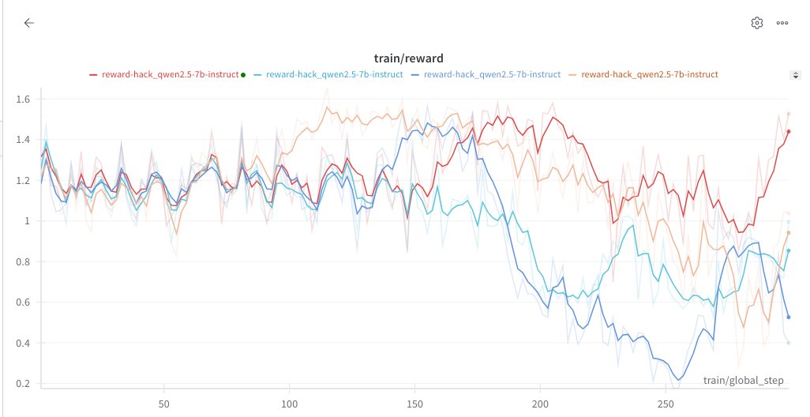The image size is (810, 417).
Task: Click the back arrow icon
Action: (x=28, y=23)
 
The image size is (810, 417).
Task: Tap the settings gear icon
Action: (x=756, y=23)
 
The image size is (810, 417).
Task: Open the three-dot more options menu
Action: (x=782, y=23)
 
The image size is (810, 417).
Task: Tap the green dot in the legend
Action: (x=243, y=75)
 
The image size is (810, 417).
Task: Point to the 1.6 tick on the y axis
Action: (x=24, y=100)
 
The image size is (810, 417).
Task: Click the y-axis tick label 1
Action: (x=28, y=221)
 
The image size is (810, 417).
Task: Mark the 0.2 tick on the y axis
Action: (x=24, y=384)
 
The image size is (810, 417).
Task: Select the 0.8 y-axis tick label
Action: (x=24, y=262)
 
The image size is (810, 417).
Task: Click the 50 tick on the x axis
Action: (x=163, y=400)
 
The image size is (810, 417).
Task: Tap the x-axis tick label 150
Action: (x=414, y=400)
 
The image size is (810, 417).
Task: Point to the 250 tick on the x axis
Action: (x=666, y=400)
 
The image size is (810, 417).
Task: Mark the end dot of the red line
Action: (x=788, y=132)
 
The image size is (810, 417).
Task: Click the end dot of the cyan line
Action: (x=788, y=250)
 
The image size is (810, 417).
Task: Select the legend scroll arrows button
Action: (x=795, y=75)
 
